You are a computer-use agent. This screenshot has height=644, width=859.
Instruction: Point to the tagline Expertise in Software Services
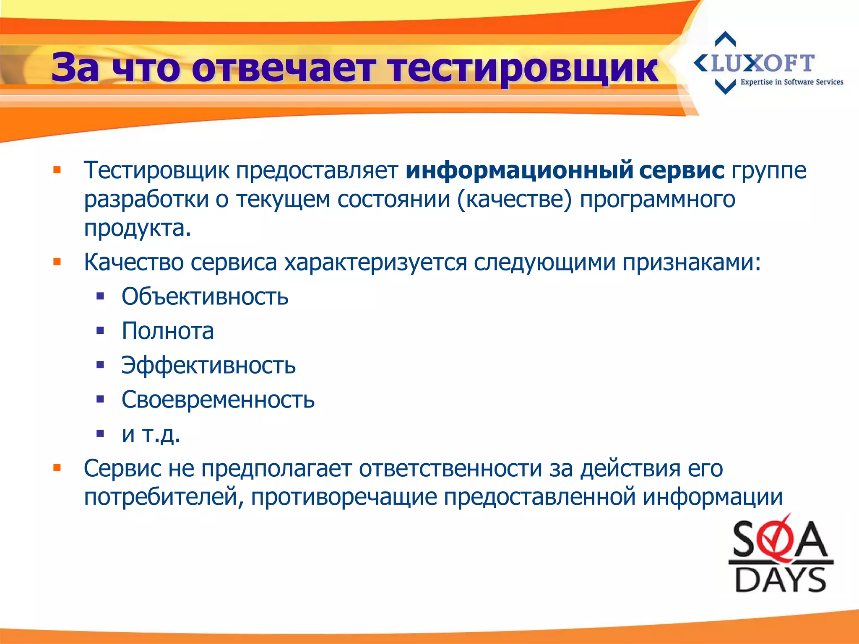click(791, 82)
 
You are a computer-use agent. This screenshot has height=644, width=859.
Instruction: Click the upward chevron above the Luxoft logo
click(725, 39)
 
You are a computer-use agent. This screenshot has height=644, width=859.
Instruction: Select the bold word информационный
click(519, 171)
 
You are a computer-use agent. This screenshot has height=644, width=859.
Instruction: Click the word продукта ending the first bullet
click(137, 229)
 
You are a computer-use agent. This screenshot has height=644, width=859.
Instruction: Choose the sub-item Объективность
click(205, 297)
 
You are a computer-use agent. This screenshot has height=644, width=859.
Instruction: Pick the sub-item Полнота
click(168, 331)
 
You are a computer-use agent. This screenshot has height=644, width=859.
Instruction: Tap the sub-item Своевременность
click(218, 400)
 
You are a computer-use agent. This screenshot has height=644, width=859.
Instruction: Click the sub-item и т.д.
click(151, 434)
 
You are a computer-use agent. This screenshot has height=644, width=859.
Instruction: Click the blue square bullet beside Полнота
click(100, 331)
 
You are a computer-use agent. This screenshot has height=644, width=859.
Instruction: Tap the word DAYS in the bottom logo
click(780, 579)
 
